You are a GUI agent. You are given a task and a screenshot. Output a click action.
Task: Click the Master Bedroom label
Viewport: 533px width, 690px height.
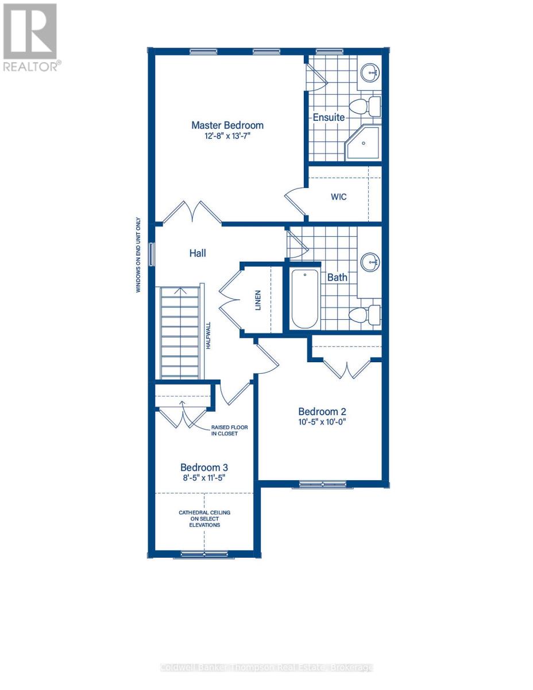click(227, 125)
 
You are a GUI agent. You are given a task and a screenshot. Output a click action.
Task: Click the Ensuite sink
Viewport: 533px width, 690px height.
click(371, 72)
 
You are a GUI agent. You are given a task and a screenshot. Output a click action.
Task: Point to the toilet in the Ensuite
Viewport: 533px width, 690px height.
click(365, 106)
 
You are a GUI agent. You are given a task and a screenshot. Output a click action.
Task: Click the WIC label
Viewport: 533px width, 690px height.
click(339, 197)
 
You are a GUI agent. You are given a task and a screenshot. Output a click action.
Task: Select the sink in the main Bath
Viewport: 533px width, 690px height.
click(371, 263)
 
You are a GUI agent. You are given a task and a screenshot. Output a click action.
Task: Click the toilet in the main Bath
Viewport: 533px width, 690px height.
click(365, 314)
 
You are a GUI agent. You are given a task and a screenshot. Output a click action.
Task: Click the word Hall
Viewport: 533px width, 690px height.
click(198, 252)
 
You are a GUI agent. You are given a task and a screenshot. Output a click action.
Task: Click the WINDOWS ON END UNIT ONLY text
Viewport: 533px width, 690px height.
click(138, 255)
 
